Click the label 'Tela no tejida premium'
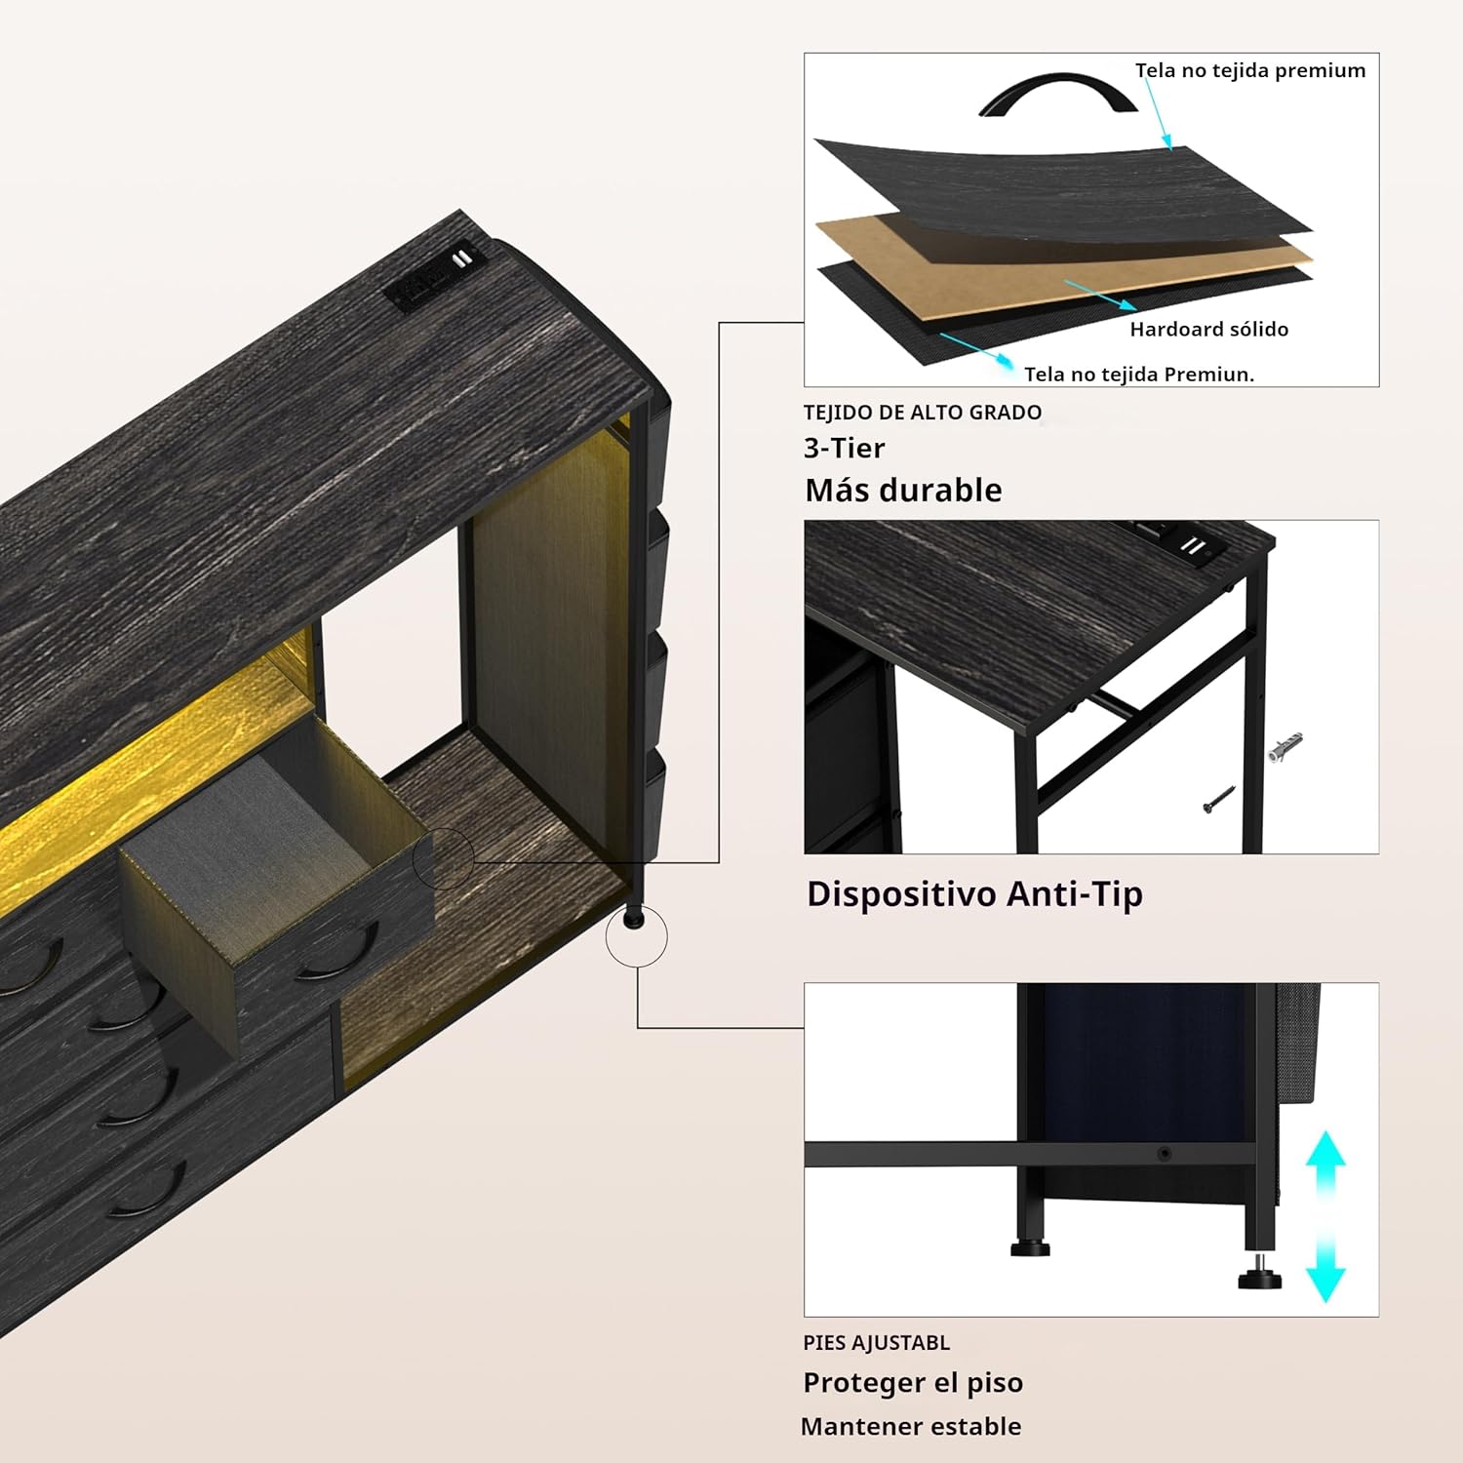click(x=1250, y=70)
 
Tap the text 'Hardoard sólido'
click(x=1209, y=330)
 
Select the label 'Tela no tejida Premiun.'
click(x=1139, y=375)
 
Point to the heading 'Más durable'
click(x=903, y=490)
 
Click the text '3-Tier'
click(x=844, y=448)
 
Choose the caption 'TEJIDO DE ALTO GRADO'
click(x=923, y=413)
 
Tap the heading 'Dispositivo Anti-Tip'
click(x=974, y=894)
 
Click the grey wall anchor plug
click(x=1285, y=746)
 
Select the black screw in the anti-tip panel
click(x=1219, y=799)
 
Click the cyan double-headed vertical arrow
click(x=1325, y=1215)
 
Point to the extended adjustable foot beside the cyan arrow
click(x=1260, y=1273)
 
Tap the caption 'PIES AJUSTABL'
click(x=876, y=1343)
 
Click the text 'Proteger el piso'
click(x=913, y=1383)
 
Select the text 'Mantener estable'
click(x=911, y=1427)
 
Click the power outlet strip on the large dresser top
click(x=435, y=275)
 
